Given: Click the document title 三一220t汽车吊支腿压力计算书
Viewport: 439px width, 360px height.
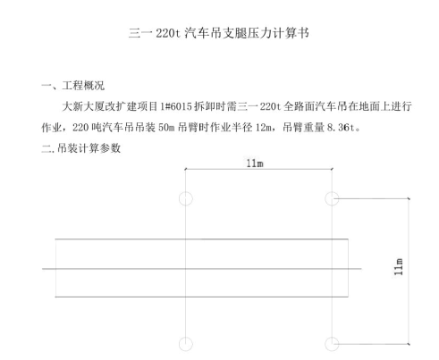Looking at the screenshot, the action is (218, 33).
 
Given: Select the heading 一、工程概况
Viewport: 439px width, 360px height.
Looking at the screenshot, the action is (73, 86).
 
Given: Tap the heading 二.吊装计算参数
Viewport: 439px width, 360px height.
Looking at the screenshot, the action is (81, 148).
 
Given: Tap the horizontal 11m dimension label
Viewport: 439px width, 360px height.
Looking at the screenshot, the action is (255, 163).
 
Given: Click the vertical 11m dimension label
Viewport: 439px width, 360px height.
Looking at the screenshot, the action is (399, 267).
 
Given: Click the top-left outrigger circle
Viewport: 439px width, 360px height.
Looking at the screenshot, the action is (186, 192).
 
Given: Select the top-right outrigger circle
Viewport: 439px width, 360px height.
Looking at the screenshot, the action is (332, 192).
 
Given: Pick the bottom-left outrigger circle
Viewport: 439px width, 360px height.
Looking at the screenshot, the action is (186, 338).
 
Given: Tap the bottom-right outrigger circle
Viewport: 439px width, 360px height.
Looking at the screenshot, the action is (332, 338).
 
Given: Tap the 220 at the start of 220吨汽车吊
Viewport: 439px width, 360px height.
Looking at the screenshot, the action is (80, 128).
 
